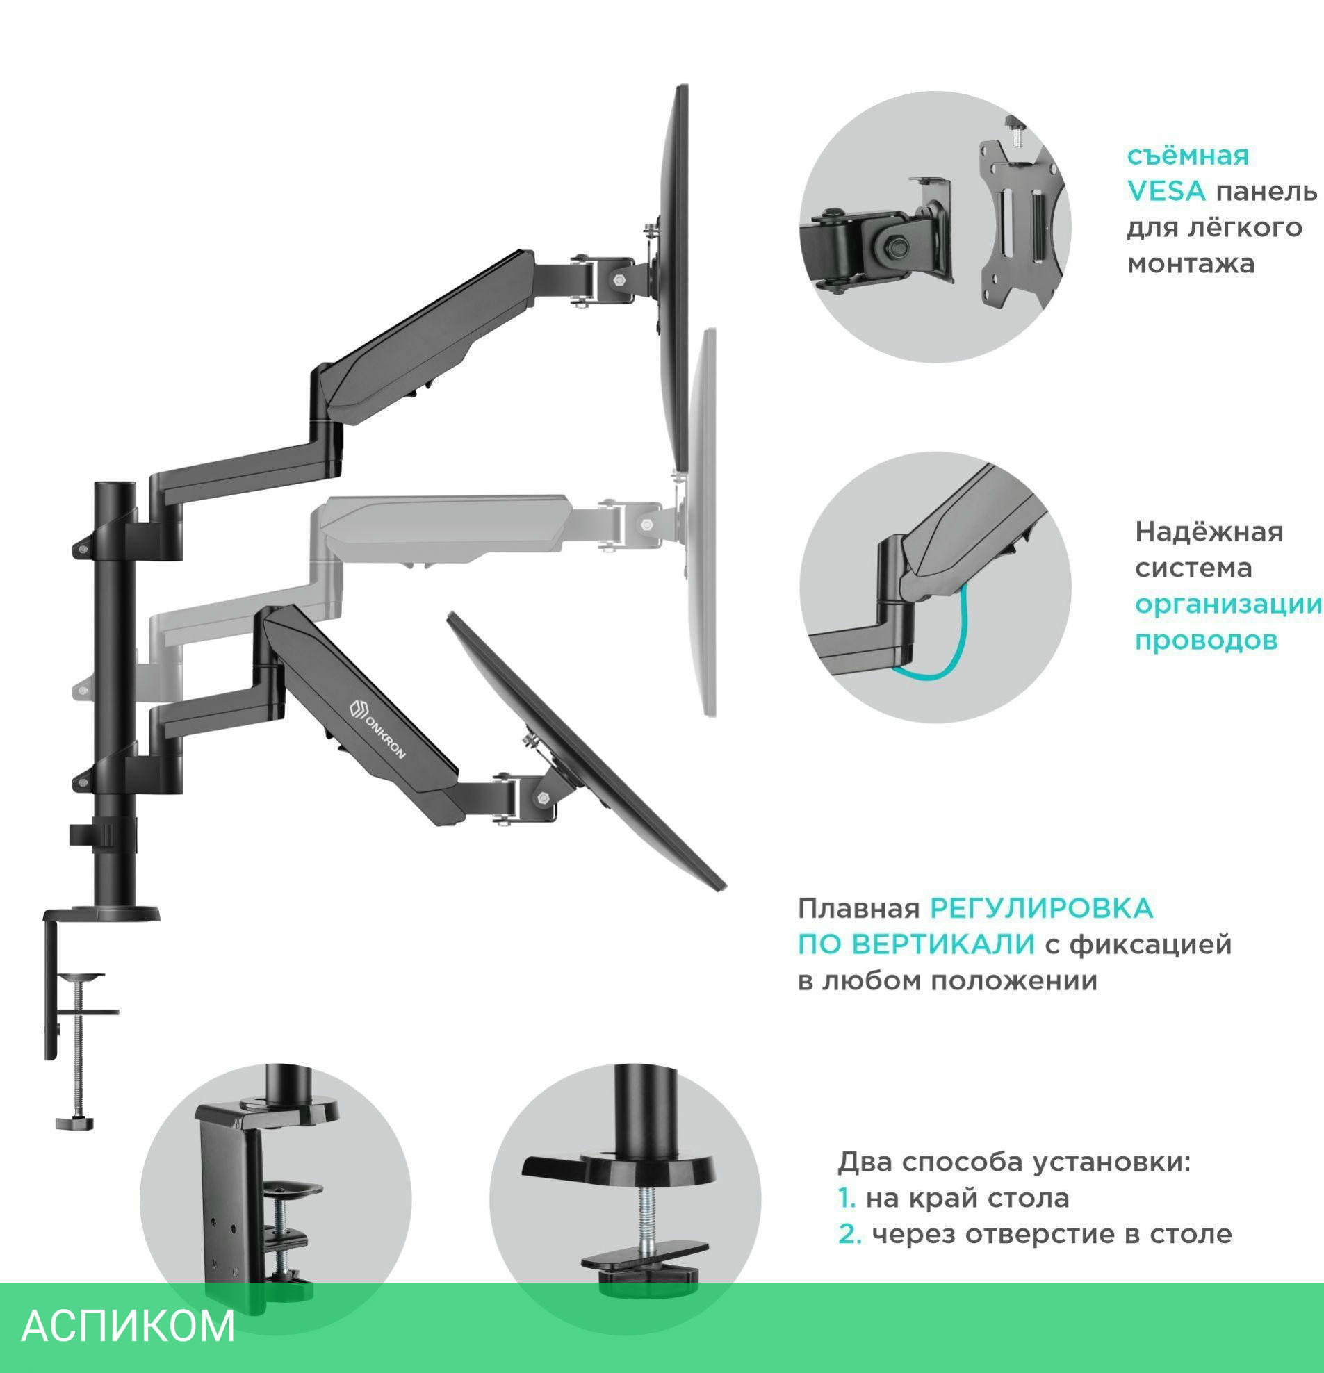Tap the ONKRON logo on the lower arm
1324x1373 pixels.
click(x=377, y=727)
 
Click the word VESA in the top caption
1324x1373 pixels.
click(x=1166, y=191)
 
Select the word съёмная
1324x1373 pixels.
click(x=1187, y=155)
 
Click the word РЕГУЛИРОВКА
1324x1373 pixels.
click(x=1041, y=909)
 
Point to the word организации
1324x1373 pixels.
click(x=1228, y=604)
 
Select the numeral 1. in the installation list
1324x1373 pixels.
click(x=847, y=1198)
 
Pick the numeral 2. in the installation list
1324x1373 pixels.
click(x=849, y=1233)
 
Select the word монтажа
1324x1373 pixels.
click(x=1190, y=264)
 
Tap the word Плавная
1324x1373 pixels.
click(x=858, y=909)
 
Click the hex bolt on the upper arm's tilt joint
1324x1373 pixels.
click(x=619, y=279)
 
